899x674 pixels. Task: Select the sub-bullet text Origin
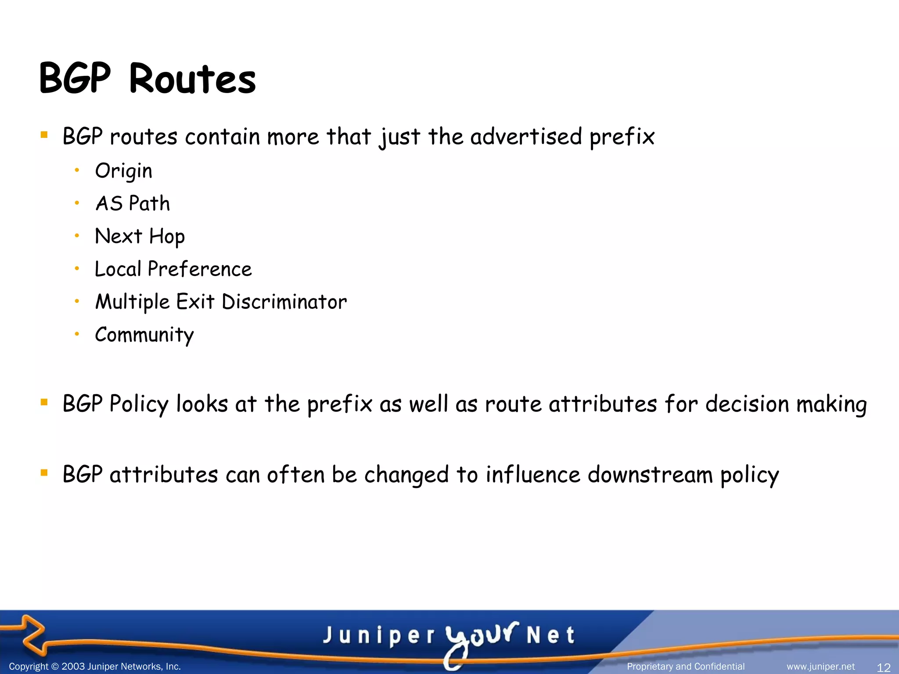point(123,171)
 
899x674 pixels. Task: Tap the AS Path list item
point(133,204)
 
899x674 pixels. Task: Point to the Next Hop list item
point(140,237)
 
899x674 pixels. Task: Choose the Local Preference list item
point(173,269)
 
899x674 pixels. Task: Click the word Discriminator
point(284,302)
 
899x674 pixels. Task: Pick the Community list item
point(144,335)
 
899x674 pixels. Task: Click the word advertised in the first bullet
point(526,136)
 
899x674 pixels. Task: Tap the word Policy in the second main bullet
point(139,404)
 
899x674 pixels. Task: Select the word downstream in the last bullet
point(650,475)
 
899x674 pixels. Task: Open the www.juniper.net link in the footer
point(820,667)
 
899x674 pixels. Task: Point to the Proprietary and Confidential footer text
point(686,667)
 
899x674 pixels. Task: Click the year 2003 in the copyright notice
point(73,667)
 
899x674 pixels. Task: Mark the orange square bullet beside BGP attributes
point(44,473)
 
